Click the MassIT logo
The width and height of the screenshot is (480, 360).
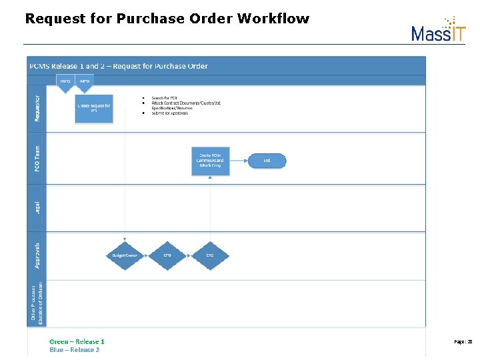(438, 29)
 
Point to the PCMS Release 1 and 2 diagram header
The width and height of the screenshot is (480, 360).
(118, 66)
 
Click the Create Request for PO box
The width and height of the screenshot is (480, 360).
(94, 108)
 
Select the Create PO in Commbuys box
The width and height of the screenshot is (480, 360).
(211, 160)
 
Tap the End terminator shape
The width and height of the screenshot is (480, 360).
(267, 160)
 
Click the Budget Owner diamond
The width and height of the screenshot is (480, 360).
(125, 255)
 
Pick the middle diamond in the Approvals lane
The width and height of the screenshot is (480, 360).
(168, 255)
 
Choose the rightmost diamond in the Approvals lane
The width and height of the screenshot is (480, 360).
(210, 255)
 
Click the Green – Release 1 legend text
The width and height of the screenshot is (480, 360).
(77, 342)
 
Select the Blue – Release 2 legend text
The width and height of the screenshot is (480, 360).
(75, 350)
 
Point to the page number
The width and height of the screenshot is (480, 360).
(463, 341)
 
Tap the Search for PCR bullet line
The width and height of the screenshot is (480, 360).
(165, 98)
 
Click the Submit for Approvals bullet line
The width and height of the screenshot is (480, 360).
(170, 113)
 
